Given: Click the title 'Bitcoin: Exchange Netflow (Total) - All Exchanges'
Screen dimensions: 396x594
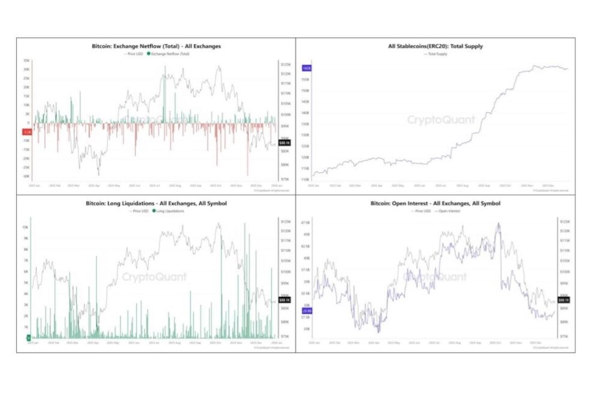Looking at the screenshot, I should tap(155, 46).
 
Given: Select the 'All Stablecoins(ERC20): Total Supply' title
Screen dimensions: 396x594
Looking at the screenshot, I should tap(435, 46).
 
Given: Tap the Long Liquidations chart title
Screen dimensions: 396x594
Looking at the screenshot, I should tap(155, 204).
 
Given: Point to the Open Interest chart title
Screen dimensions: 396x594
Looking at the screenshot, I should tap(435, 204).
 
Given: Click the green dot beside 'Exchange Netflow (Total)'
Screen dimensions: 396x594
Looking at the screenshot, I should tap(149, 53).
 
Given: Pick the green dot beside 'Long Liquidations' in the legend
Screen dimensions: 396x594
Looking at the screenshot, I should tap(154, 211).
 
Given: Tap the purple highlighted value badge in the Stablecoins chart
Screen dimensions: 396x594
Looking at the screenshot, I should tap(305, 68).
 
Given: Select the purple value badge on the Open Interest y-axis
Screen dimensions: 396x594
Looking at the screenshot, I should tap(306, 311).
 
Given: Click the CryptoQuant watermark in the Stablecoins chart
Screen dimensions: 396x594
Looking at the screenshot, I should tap(441, 120).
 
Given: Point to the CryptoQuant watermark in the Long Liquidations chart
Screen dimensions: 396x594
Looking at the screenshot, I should tap(154, 277).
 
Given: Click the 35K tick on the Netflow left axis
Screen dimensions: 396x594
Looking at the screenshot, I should tap(27, 61).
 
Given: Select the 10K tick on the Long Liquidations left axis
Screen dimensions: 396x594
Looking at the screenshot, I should tap(26, 227).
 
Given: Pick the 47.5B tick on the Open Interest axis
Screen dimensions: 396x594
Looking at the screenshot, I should tap(306, 223).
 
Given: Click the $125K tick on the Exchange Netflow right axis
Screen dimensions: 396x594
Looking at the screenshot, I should tap(286, 64).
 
